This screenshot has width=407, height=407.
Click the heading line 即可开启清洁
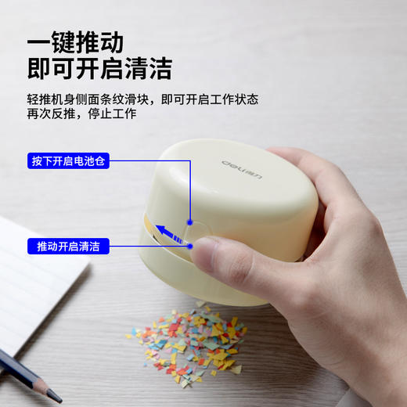[99, 68]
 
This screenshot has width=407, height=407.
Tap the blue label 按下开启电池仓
[68, 160]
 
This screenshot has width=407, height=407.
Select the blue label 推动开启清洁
[68, 246]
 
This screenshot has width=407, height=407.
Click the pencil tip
[56, 397]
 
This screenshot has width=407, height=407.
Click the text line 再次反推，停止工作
[81, 113]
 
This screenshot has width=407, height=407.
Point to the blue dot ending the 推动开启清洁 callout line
[190, 246]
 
